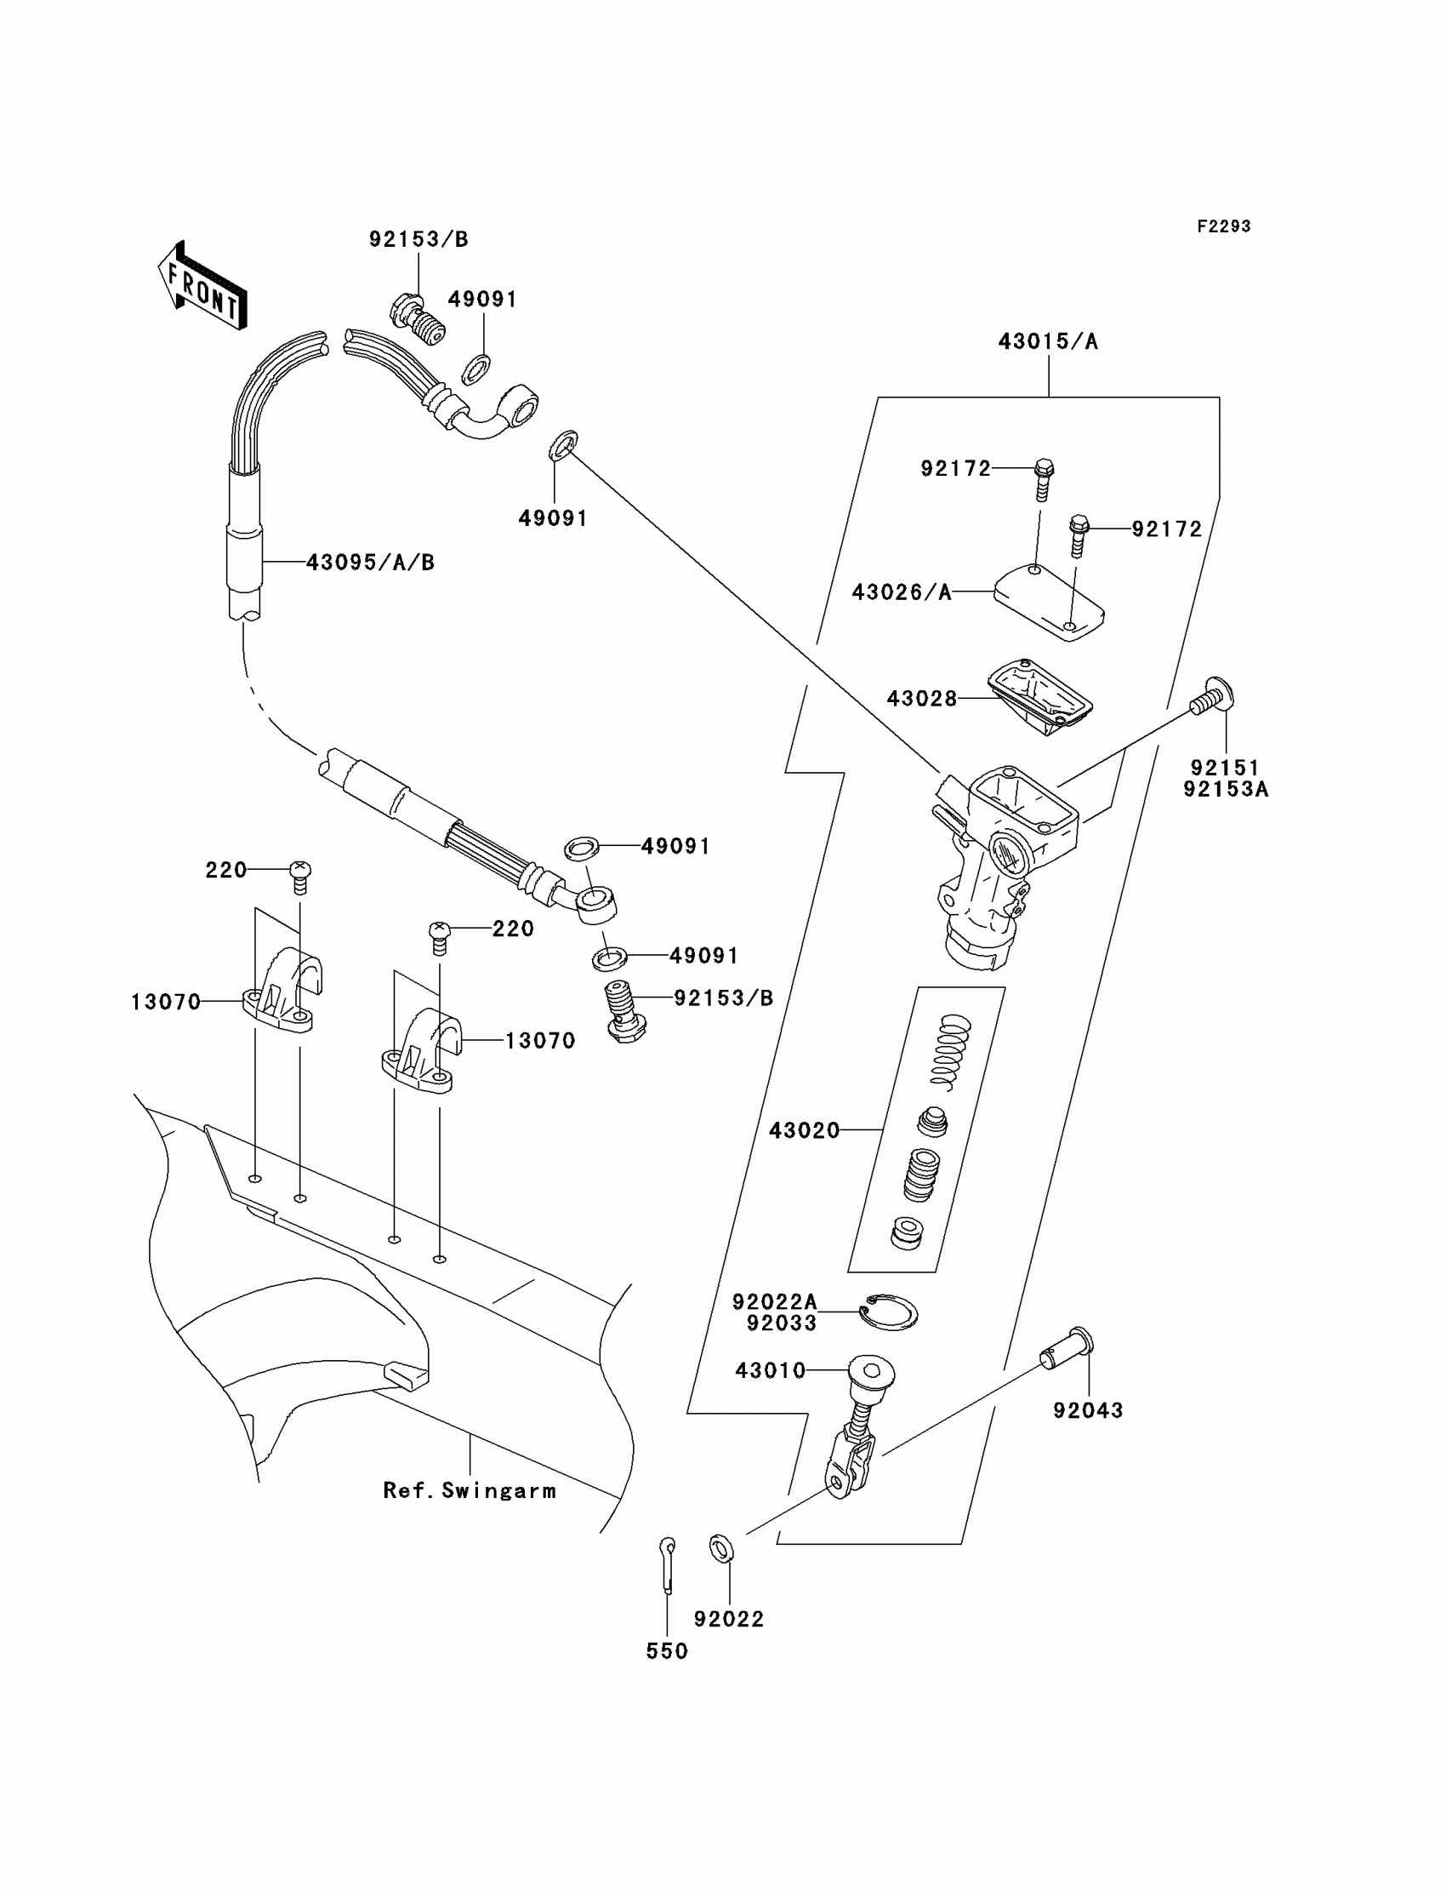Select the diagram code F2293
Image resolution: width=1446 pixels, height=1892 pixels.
click(1223, 226)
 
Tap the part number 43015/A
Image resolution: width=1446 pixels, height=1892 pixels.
click(1047, 342)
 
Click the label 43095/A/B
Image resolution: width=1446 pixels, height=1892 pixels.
click(370, 563)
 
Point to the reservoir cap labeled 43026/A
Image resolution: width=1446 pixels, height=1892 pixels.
click(1048, 600)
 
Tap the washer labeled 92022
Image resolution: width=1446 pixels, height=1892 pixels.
click(721, 1548)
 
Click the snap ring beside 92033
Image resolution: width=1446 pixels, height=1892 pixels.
click(890, 1312)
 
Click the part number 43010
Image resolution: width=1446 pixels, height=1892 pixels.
click(771, 1370)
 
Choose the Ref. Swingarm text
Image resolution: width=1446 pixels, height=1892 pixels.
click(469, 1490)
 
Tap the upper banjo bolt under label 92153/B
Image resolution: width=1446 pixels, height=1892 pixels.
click(418, 320)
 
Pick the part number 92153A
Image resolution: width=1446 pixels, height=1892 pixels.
click(1225, 790)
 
